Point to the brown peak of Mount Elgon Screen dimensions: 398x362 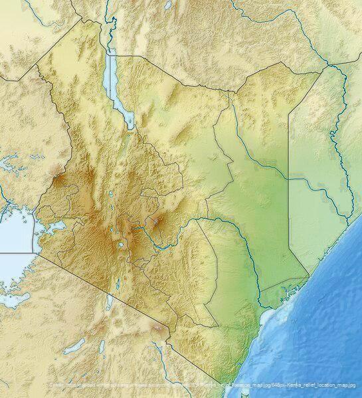click(58, 179)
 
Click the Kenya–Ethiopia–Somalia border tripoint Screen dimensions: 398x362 click(327, 65)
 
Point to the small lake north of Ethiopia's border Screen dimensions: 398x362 click(168, 5)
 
